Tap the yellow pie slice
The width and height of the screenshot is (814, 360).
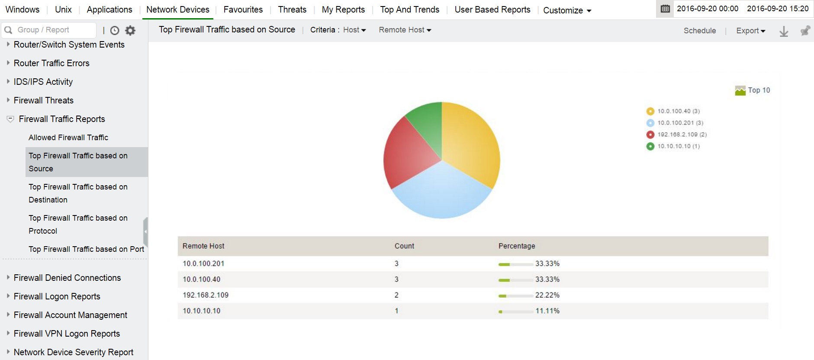tap(470, 143)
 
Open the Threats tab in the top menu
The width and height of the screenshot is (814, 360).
tap(292, 10)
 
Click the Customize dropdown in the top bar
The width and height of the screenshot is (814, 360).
tap(567, 10)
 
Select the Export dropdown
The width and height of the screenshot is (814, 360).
tap(750, 31)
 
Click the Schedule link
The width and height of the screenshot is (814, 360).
tap(699, 31)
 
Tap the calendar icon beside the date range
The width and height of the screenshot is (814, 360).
tap(665, 9)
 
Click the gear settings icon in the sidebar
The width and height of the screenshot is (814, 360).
tap(130, 30)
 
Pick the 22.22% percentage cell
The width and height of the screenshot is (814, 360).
tap(547, 295)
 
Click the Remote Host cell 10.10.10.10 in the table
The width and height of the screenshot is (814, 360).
tap(202, 311)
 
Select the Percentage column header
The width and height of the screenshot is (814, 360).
tap(517, 246)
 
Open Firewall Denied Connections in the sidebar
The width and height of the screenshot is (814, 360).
tap(67, 278)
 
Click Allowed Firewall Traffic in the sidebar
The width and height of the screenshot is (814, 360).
tap(68, 138)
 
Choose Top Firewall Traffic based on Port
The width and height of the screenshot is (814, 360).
tap(86, 249)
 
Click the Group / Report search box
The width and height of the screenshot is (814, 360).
tap(50, 30)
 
